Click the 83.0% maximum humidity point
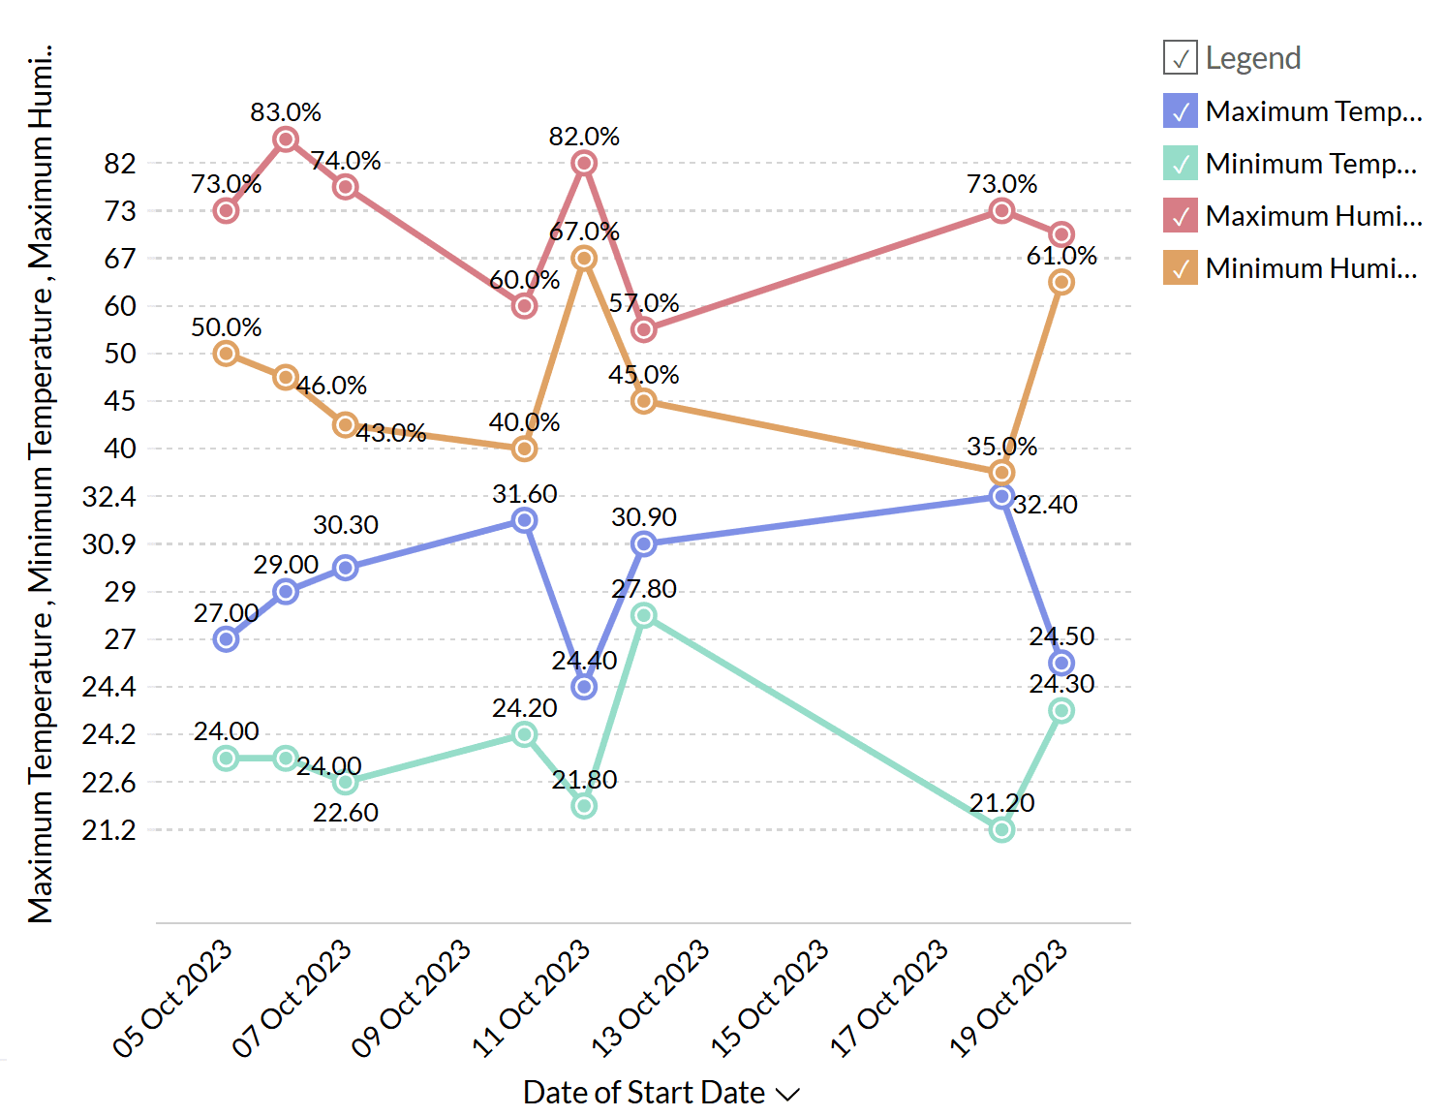point(286,139)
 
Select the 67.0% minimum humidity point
point(584,258)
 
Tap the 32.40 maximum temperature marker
point(1002,496)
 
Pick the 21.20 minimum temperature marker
point(1002,829)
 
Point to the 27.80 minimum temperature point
point(644,615)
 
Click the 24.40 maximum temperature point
point(584,687)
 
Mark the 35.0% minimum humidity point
point(1002,473)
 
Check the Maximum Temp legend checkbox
point(1181,111)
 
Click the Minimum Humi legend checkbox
point(1181,268)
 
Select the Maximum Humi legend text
point(1313,216)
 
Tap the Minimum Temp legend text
point(1310,164)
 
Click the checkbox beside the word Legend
point(1181,58)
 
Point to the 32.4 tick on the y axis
point(109,497)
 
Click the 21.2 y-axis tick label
point(109,830)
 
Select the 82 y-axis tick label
point(120,164)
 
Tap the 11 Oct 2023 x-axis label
point(532,998)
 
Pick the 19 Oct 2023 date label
point(1009,998)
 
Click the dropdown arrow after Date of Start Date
point(788,1095)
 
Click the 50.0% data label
point(227,327)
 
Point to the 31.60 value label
point(525,494)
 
